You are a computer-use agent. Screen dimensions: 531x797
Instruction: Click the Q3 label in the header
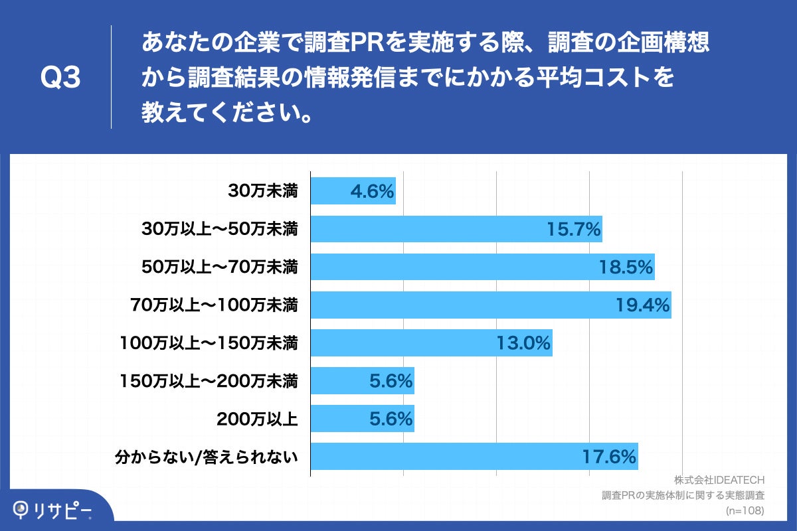click(x=60, y=78)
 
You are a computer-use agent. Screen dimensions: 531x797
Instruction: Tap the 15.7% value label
click(x=574, y=229)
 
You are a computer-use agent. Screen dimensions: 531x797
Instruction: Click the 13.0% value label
click(x=524, y=342)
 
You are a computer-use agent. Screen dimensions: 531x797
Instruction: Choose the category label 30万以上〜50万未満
click(x=220, y=229)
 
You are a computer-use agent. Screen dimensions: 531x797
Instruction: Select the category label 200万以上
click(x=257, y=418)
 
